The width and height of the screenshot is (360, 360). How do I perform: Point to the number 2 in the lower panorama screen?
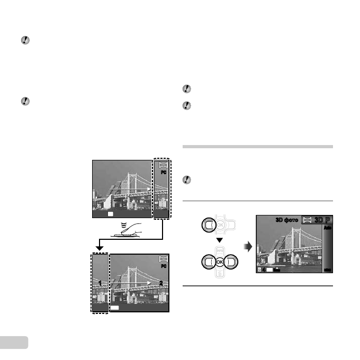pyautogui.click(x=160, y=282)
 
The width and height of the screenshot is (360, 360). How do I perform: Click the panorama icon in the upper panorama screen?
pyautogui.click(x=161, y=165)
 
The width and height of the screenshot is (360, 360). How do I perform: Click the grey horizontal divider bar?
pyautogui.click(x=258, y=147)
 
